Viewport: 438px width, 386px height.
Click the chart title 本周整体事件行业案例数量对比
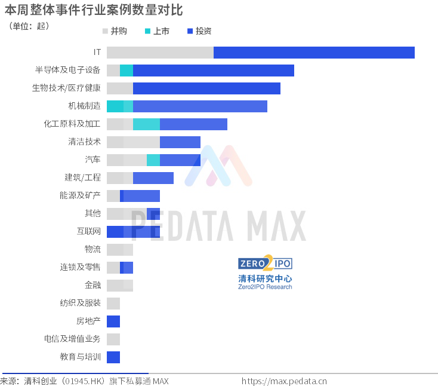click(x=94, y=10)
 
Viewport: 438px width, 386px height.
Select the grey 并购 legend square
click(x=105, y=31)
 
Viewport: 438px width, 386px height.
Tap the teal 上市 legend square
click(x=147, y=31)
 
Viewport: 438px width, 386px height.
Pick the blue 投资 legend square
click(x=190, y=31)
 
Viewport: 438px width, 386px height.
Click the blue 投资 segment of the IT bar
click(x=314, y=53)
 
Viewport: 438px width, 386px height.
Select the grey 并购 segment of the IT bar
click(x=161, y=53)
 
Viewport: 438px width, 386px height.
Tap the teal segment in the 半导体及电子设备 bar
click(x=127, y=71)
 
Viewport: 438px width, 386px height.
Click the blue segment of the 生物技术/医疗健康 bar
click(x=206, y=88)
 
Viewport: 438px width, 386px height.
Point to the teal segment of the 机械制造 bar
click(x=120, y=106)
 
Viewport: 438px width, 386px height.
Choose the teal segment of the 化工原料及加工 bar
click(x=147, y=124)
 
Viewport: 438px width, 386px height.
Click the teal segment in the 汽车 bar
click(x=153, y=160)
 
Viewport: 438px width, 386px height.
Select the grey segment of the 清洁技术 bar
click(x=134, y=142)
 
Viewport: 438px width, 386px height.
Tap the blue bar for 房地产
click(x=113, y=321)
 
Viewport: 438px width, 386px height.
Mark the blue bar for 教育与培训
click(x=113, y=357)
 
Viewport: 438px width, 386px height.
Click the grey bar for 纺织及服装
click(x=113, y=304)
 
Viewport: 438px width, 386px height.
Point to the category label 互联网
click(x=89, y=231)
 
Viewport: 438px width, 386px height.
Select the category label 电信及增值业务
click(x=72, y=339)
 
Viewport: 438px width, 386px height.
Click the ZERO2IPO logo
click(x=265, y=263)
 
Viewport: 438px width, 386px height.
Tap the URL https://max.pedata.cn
click(x=284, y=381)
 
